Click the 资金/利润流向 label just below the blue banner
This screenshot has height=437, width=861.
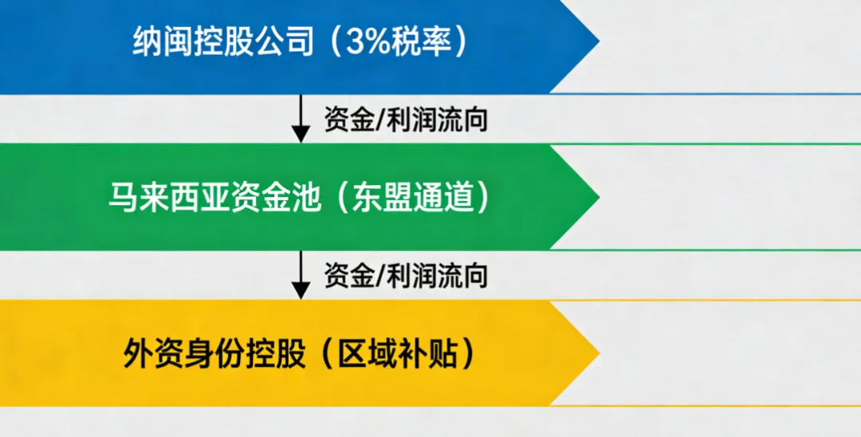405,120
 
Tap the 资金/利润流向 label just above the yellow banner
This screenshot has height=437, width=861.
405,276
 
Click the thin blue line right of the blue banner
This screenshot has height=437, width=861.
717,93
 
